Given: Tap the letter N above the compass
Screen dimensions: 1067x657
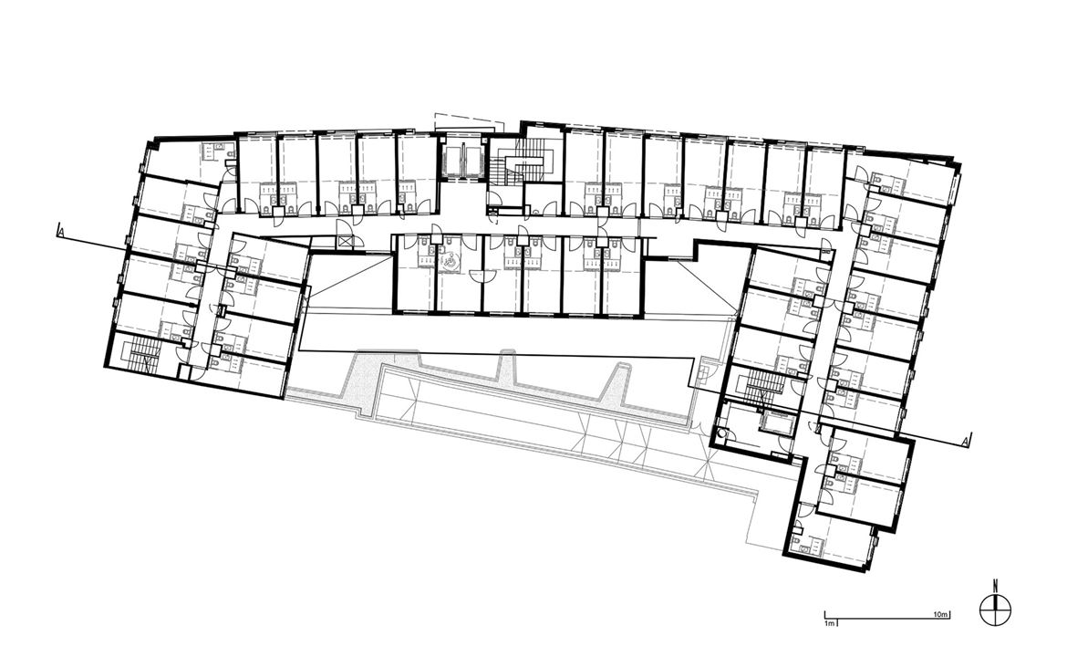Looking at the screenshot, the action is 995,584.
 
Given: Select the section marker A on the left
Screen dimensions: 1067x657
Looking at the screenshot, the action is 62,230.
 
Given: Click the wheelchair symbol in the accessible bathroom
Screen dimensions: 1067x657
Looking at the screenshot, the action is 450,261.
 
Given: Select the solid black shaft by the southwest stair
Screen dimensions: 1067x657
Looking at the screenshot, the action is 183,370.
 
